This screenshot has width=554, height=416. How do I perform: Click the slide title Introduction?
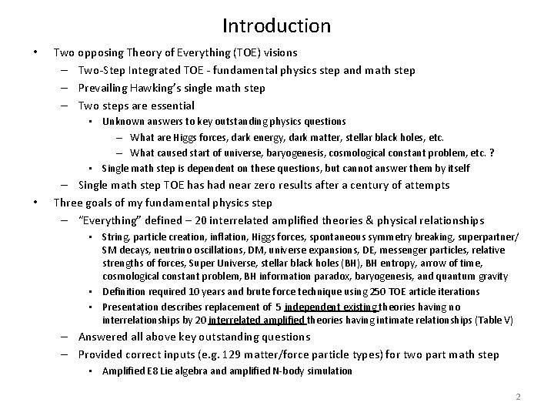(x=276, y=25)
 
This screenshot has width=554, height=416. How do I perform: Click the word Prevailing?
(x=105, y=88)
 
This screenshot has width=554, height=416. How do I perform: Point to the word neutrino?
(x=182, y=250)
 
